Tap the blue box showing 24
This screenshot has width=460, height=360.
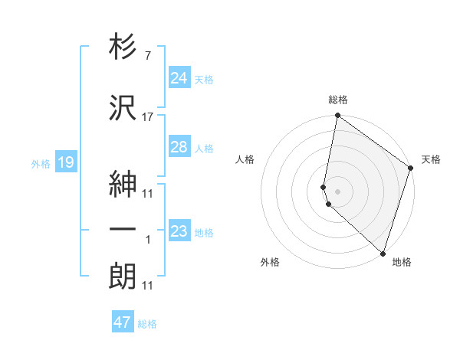[179, 78]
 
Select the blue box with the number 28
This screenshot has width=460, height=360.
[179, 147]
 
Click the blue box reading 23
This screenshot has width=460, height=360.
[179, 231]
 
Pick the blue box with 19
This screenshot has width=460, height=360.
[65, 162]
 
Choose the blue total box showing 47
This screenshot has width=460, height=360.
[123, 322]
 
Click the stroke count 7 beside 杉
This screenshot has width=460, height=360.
[147, 56]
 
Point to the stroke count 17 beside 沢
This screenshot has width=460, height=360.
[148, 116]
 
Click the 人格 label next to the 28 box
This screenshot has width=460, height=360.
[204, 149]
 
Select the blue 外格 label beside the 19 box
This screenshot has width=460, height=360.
[41, 163]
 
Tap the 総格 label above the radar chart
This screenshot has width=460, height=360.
[338, 100]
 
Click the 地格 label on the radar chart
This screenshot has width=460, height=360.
[402, 262]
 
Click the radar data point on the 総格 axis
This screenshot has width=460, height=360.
[338, 116]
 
